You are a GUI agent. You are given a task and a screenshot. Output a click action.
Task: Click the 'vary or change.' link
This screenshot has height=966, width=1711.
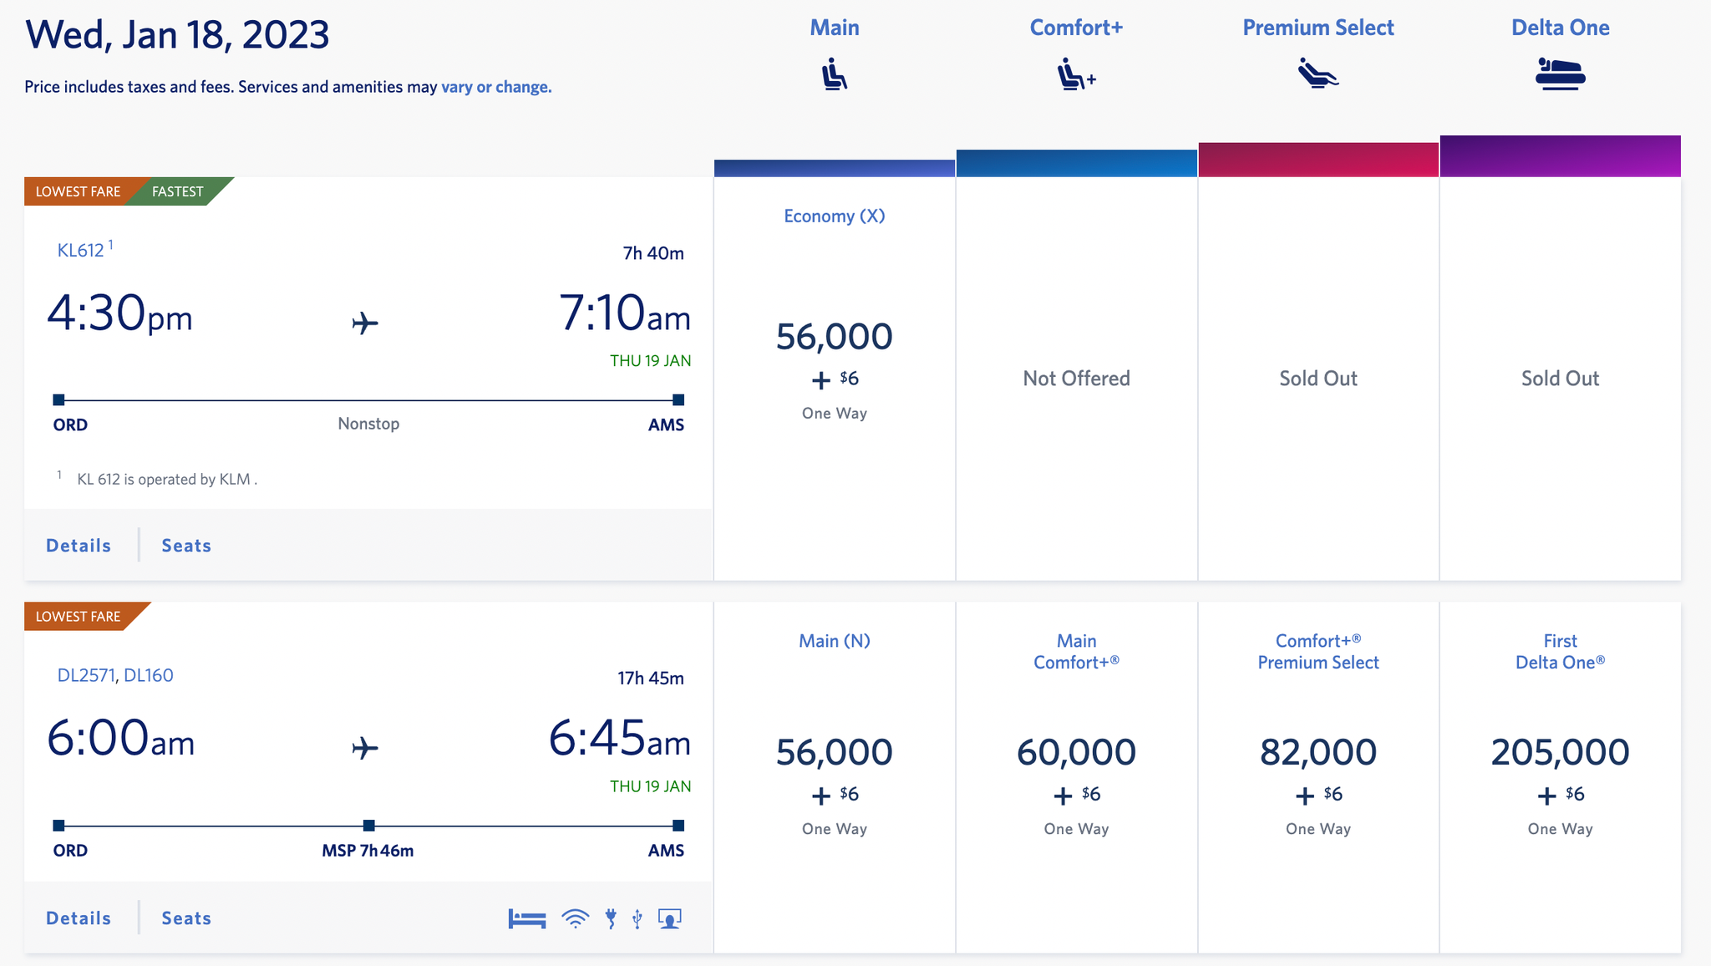tap(496, 87)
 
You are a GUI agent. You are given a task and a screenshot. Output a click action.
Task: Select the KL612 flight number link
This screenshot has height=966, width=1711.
tap(81, 250)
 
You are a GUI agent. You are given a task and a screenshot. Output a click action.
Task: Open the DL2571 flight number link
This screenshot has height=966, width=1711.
tap(85, 675)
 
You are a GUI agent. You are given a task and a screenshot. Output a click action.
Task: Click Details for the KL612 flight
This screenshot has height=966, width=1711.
tap(79, 546)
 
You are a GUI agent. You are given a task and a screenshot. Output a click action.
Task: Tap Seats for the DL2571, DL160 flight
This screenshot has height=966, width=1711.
tap(186, 918)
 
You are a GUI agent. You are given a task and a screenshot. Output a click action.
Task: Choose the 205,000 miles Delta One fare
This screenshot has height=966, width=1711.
tap(1560, 752)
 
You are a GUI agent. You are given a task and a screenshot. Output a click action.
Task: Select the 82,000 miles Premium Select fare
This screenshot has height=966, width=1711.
tap(1318, 752)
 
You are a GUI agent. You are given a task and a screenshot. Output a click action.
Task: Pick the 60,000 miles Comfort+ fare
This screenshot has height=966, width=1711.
tap(1076, 752)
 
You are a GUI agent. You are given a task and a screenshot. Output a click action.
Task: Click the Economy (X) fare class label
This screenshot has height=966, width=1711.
tap(834, 216)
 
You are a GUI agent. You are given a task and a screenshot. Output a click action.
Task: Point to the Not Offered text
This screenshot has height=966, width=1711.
tap(1076, 379)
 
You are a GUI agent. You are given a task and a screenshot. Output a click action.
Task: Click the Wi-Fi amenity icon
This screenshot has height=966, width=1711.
tap(575, 919)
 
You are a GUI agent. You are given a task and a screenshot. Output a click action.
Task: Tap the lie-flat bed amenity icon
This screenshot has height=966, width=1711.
tap(527, 919)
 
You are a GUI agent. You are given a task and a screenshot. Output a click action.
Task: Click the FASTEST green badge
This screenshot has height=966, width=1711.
tap(178, 191)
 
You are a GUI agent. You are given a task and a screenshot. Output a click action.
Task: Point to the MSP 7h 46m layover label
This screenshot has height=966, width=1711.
tap(368, 851)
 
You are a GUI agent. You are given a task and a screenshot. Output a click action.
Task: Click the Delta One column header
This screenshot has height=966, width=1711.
tap(1560, 28)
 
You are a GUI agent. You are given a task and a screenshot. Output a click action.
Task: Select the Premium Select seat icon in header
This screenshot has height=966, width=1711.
tap(1318, 74)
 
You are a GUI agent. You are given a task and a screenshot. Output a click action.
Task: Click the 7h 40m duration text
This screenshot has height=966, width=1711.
tap(653, 253)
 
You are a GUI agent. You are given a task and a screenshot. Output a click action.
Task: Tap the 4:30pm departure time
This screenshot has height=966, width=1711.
tap(119, 314)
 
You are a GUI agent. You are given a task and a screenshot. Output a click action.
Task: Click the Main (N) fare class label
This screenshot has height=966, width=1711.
tap(834, 641)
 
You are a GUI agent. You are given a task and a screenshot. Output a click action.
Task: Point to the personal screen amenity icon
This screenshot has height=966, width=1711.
tap(669, 919)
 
